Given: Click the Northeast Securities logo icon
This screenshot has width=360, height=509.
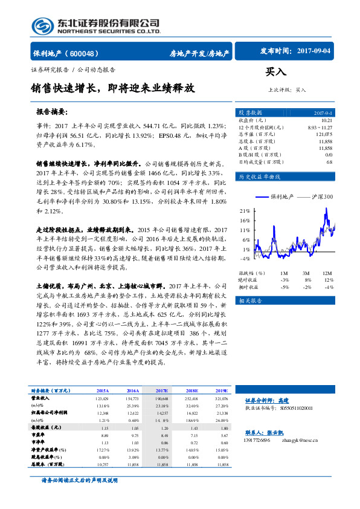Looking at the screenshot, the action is pos(42,26).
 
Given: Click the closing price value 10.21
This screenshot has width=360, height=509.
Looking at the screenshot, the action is pos(326,121).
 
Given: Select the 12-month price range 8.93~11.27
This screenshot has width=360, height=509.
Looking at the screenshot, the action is pos(320,128).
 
